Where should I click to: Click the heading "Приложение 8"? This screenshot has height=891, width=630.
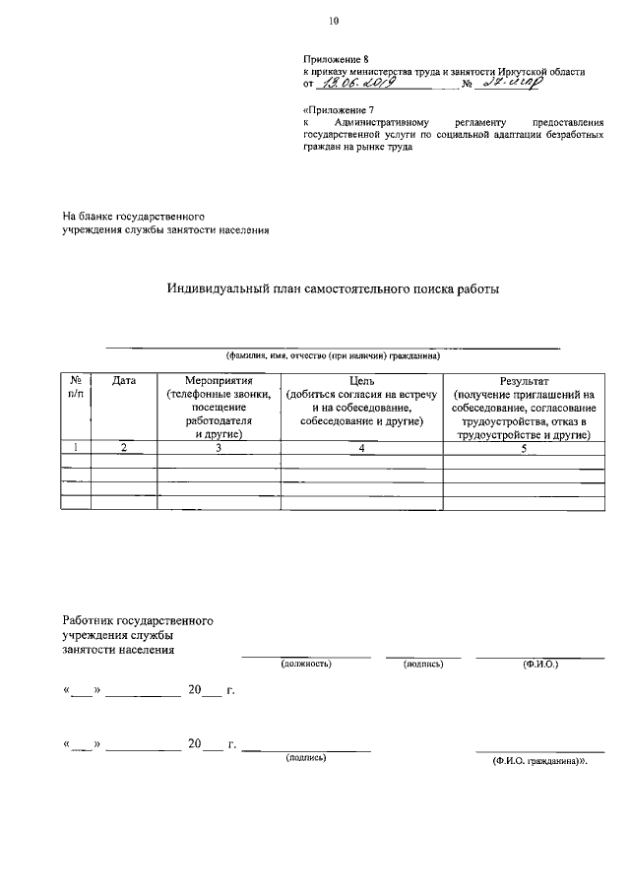[x=335, y=61]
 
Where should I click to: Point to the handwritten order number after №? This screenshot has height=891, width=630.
[x=506, y=85]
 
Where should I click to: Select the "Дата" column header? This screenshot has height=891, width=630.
[x=124, y=380]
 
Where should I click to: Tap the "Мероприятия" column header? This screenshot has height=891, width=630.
[x=220, y=380]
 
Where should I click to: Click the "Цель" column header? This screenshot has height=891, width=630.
[x=361, y=380]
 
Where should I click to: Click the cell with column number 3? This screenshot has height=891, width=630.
[x=220, y=448]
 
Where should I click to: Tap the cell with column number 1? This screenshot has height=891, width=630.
[x=76, y=448]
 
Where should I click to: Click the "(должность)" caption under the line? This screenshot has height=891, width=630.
[x=306, y=665]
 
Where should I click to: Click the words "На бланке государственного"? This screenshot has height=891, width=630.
[x=133, y=215]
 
